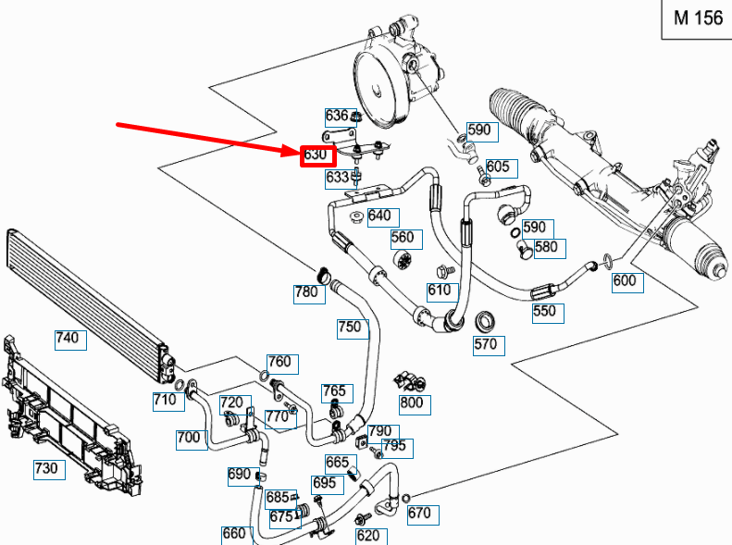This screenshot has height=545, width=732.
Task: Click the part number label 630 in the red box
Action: (x=316, y=155)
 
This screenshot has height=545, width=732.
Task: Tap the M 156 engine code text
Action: (x=697, y=19)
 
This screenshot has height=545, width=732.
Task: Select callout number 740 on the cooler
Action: (x=68, y=339)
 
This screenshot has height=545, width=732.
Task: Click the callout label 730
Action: (x=45, y=469)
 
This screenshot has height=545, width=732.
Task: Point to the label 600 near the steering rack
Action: (x=625, y=281)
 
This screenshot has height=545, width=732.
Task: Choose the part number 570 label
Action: (x=486, y=344)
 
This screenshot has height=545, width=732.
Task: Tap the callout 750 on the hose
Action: (x=350, y=328)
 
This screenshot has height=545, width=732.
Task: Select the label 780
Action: (x=306, y=292)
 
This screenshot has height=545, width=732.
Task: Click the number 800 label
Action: (x=411, y=403)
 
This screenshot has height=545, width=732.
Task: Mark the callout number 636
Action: (x=337, y=116)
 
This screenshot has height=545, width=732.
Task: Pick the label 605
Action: (x=498, y=167)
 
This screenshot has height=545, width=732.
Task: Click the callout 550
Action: (x=545, y=311)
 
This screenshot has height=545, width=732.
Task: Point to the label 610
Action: (x=440, y=291)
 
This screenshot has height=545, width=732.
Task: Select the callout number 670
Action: (x=419, y=514)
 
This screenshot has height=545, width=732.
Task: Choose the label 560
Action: (x=403, y=238)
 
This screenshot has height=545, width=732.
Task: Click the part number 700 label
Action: (x=190, y=438)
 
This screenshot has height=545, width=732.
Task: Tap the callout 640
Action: (x=379, y=217)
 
